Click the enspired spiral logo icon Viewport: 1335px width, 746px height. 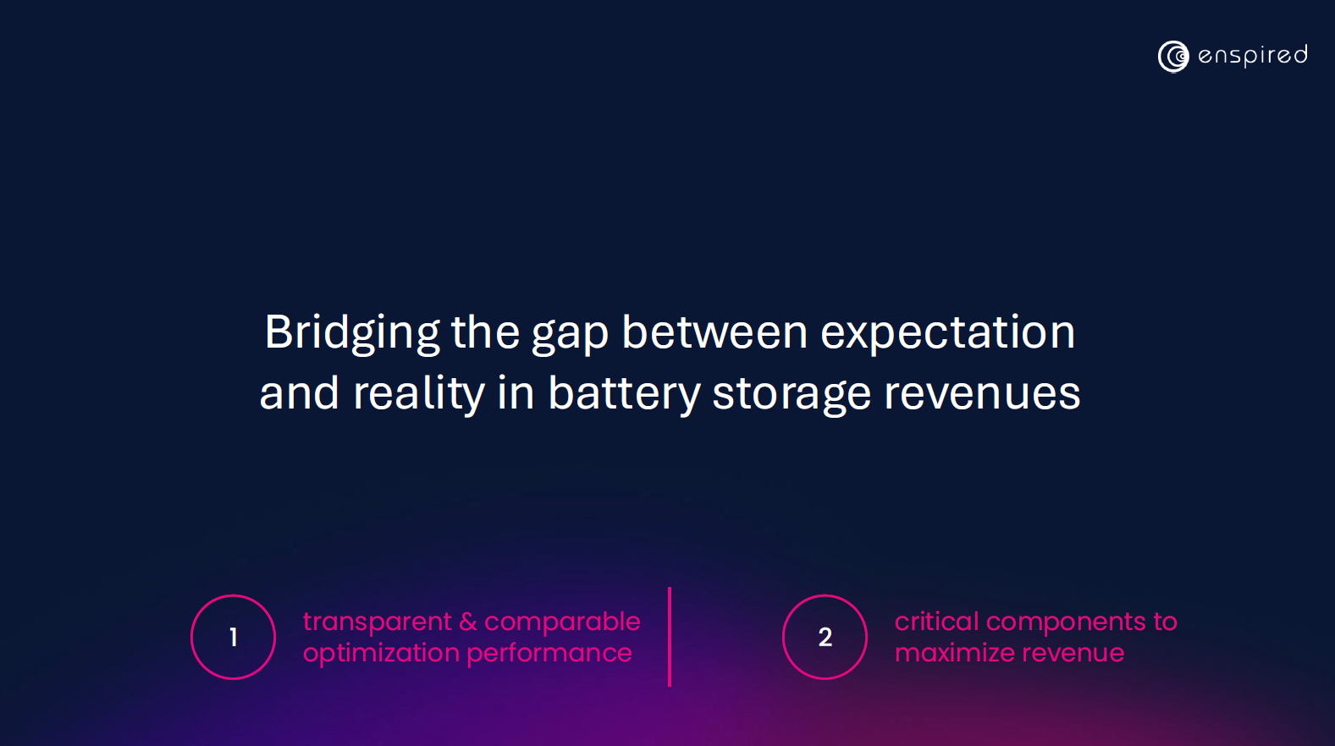[1173, 57]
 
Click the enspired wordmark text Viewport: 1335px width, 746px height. [1253, 55]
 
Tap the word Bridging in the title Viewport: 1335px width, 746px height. [352, 334]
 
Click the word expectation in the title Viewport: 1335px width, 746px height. [947, 334]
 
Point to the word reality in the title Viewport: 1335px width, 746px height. [419, 394]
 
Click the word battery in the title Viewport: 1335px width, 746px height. [624, 394]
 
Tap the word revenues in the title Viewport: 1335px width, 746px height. [982, 395]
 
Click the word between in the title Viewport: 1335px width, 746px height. [714, 332]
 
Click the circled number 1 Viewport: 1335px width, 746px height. [233, 637]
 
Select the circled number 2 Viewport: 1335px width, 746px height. [825, 637]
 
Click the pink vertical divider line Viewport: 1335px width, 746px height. [670, 636]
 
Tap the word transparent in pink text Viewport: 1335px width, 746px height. [377, 623]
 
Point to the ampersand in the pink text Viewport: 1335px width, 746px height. [468, 622]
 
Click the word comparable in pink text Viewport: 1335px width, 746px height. [562, 622]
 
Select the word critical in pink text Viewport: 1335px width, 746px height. [936, 622]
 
